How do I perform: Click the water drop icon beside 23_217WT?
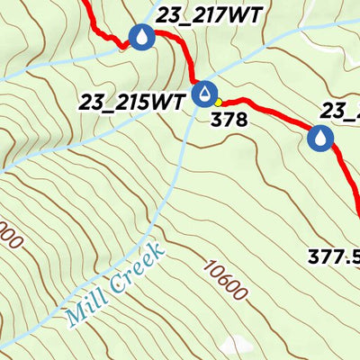pos(141,37)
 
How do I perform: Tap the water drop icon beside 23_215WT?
pos(207,93)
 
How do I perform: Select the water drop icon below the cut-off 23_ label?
pos(320,138)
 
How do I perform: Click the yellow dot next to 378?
pos(219,102)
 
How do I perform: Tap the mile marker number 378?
pos(229,117)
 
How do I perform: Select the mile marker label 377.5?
pos(334,256)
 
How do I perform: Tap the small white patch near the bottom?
pos(235,346)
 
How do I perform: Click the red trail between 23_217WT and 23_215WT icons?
pos(187,59)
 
